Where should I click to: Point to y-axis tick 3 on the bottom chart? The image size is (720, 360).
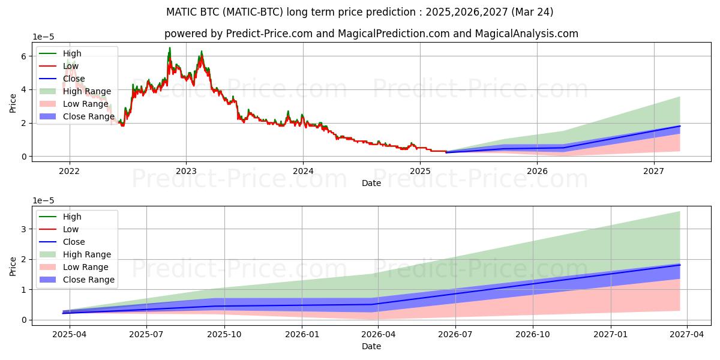pyautogui.click(x=24, y=229)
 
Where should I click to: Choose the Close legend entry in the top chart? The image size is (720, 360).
pyautogui.click(x=74, y=79)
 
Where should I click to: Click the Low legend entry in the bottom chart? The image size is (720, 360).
pyautogui.click(x=71, y=229)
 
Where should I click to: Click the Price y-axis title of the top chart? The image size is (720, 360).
pyautogui.click(x=13, y=103)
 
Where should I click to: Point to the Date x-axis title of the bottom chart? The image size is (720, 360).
pyautogui.click(x=371, y=346)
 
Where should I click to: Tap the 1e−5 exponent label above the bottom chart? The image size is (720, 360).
pyautogui.click(x=44, y=200)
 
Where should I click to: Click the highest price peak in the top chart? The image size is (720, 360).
pyautogui.click(x=169, y=48)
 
